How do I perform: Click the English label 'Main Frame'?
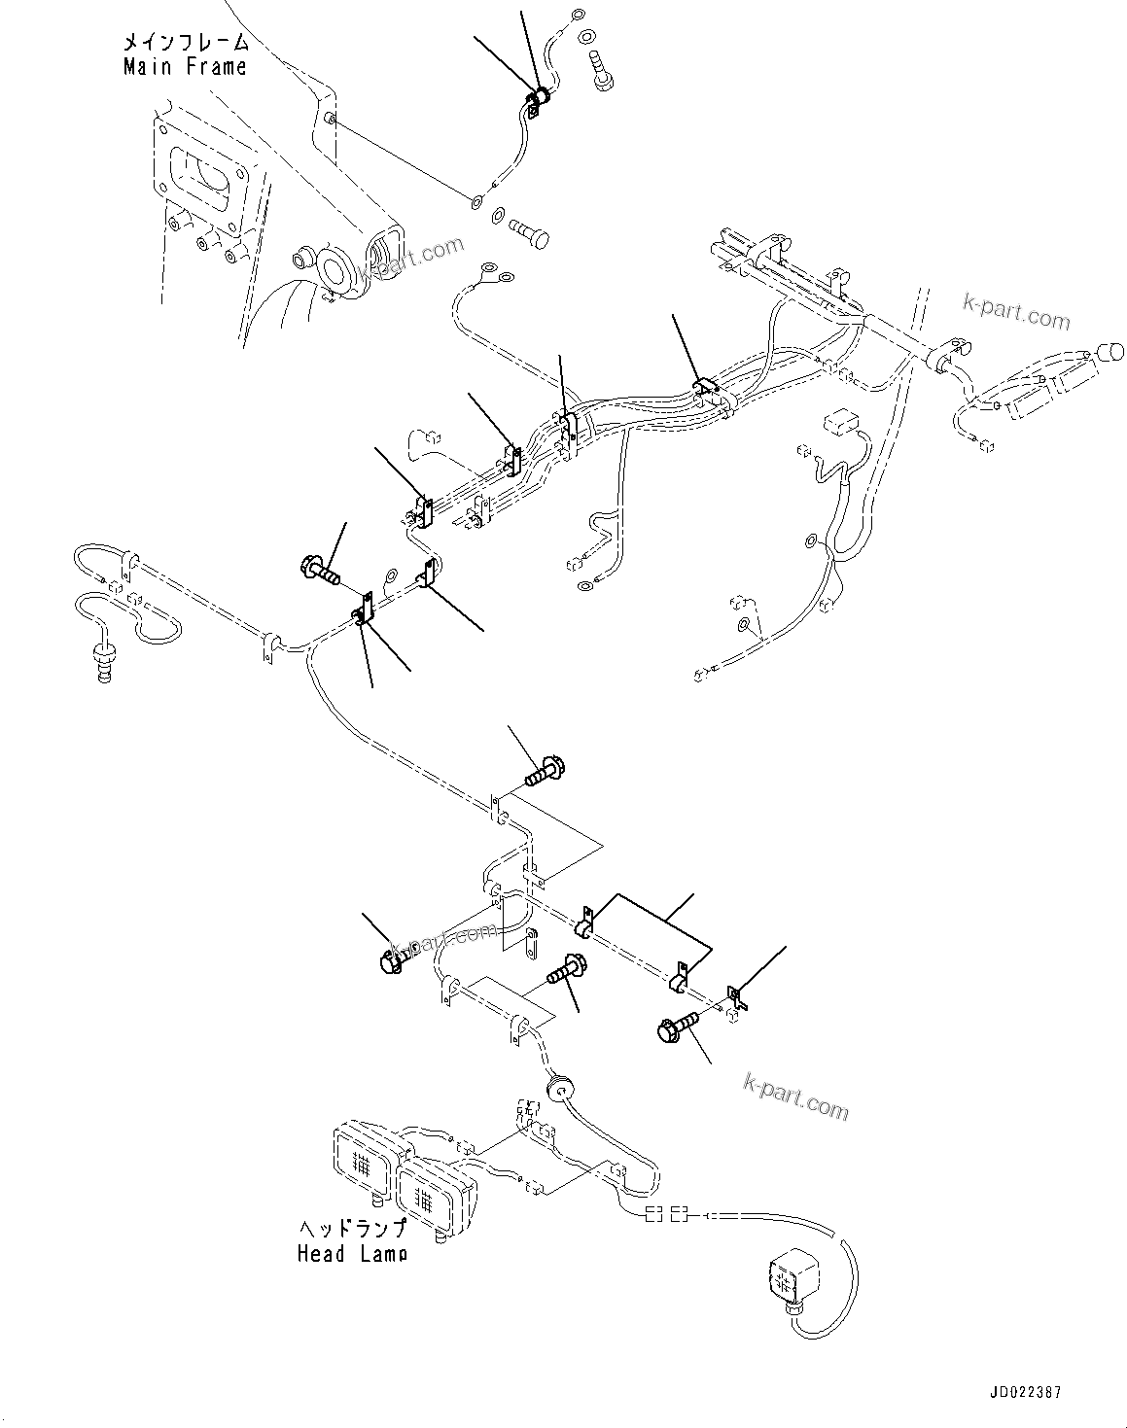[185, 67]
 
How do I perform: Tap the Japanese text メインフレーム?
[185, 43]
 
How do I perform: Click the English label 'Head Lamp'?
[352, 1254]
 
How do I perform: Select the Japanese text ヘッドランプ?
[352, 1230]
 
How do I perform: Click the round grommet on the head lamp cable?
[557, 1088]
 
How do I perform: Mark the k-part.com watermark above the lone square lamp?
[794, 1094]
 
